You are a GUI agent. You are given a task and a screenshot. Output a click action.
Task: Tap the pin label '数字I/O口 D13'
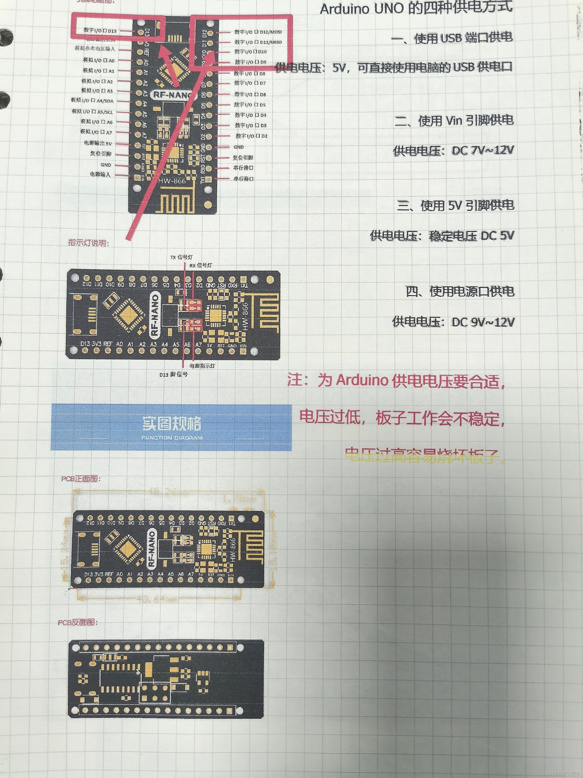[100, 30]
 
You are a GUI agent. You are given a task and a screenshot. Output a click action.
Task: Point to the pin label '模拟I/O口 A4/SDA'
[92, 101]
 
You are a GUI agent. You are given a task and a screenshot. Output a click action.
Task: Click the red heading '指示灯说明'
[89, 243]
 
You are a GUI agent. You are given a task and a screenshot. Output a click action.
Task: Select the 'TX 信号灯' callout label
[181, 257]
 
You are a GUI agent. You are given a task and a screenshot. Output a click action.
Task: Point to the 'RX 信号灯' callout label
[201, 266]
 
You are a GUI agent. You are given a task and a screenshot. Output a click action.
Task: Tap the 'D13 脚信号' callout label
[174, 374]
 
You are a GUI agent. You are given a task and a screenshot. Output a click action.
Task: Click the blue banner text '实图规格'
[172, 424]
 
